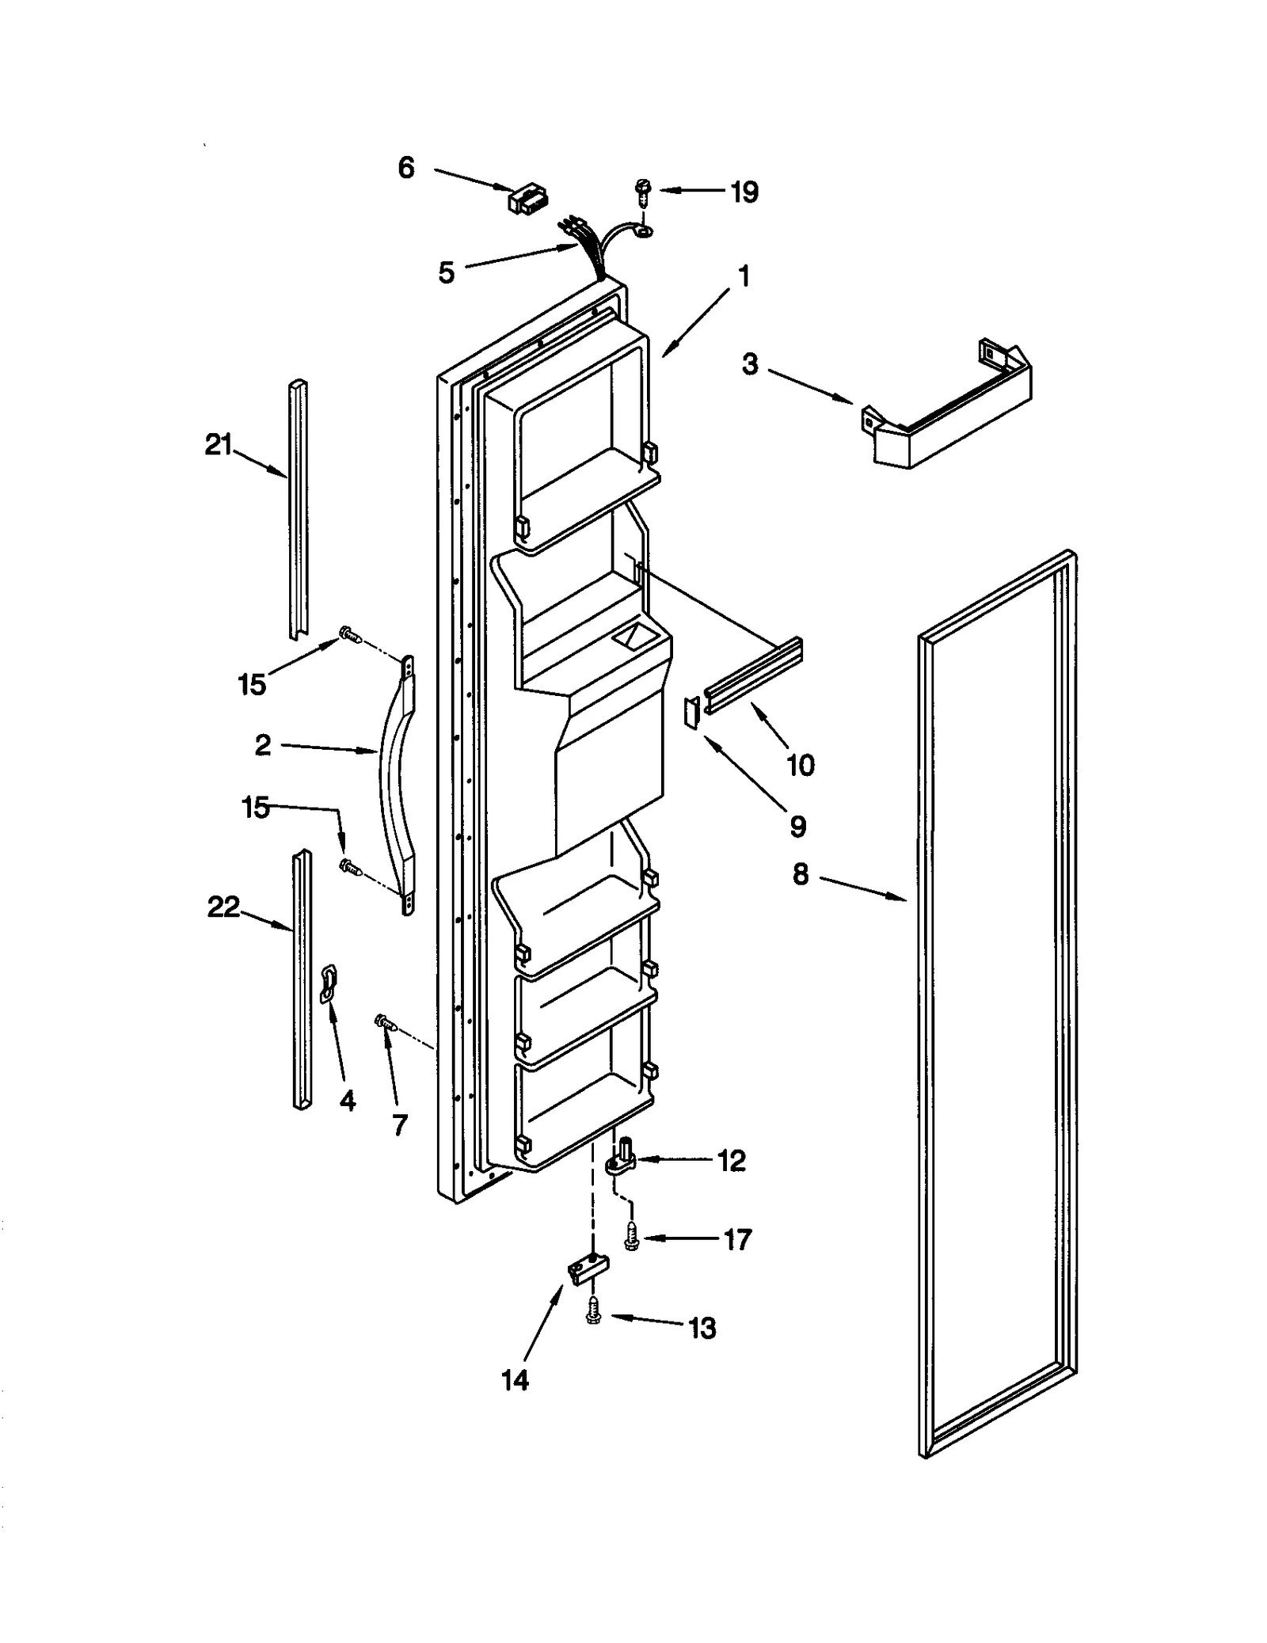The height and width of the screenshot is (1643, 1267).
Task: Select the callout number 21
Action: [x=218, y=445]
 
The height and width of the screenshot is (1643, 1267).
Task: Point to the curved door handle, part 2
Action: [x=395, y=784]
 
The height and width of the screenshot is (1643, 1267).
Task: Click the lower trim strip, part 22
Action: [x=302, y=978]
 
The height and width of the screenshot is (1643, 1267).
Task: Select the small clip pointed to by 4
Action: [x=328, y=982]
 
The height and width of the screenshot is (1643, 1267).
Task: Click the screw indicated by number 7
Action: [x=385, y=1023]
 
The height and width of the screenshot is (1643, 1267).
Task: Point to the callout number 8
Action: [x=801, y=875]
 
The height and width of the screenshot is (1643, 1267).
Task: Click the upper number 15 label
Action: [x=252, y=684]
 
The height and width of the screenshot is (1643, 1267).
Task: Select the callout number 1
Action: [x=743, y=276]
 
